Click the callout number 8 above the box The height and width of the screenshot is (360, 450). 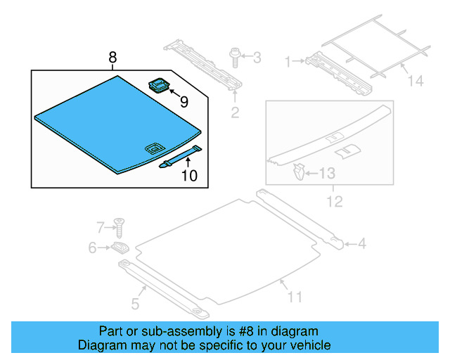pos(112,58)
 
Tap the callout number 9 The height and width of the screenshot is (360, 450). pos(184,102)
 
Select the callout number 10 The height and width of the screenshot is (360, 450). pos(189,175)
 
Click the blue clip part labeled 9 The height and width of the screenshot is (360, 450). pos(159,85)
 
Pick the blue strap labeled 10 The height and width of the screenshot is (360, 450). pos(181,157)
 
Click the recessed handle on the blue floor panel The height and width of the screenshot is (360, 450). pos(155,148)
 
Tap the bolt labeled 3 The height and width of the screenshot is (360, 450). pos(234,58)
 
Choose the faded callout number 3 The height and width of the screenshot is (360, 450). pos(257,58)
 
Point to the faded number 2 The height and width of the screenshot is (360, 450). pos(235,112)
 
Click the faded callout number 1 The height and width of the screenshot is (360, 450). pos(288,62)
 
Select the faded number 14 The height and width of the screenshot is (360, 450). pos(416,81)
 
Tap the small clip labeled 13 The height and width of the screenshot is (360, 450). pos(299,172)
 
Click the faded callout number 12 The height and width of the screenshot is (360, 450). pos(335,202)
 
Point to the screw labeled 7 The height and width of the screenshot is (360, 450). pos(119,228)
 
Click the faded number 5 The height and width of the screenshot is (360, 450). pos(135,304)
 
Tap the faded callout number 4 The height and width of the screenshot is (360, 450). pos(362,244)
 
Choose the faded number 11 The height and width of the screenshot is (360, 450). pos(295,297)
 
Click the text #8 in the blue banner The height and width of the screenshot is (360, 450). pos(246,331)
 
